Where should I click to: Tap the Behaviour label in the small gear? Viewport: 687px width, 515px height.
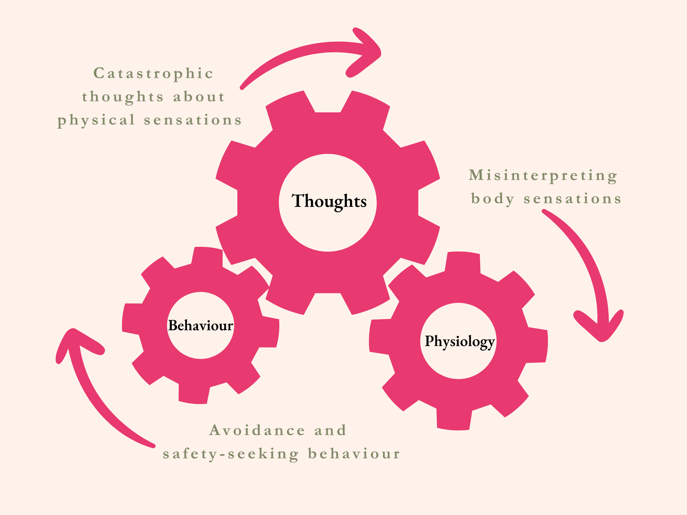[x=200, y=326]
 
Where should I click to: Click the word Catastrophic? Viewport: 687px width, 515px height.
[x=154, y=74]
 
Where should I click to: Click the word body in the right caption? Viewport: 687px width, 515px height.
[x=493, y=199]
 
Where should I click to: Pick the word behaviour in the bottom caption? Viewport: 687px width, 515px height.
[x=354, y=454]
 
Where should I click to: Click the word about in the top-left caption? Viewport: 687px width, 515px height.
[x=199, y=97]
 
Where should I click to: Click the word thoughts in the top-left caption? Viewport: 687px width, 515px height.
[x=123, y=97]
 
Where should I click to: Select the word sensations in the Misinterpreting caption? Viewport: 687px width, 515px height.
[x=572, y=199]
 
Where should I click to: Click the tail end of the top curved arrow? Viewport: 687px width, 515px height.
[x=242, y=88]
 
